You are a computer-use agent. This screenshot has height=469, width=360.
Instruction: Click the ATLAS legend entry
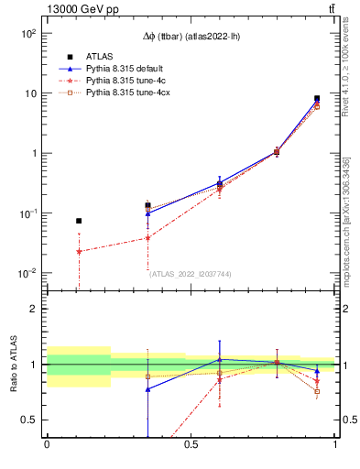tap(99, 56)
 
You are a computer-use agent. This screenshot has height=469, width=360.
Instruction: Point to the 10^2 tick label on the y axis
tap(29, 33)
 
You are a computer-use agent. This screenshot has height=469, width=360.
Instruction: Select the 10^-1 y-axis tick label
tap(29, 213)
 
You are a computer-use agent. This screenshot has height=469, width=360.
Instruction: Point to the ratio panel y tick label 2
tap(34, 309)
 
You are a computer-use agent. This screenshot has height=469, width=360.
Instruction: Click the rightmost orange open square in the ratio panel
tap(317, 391)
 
